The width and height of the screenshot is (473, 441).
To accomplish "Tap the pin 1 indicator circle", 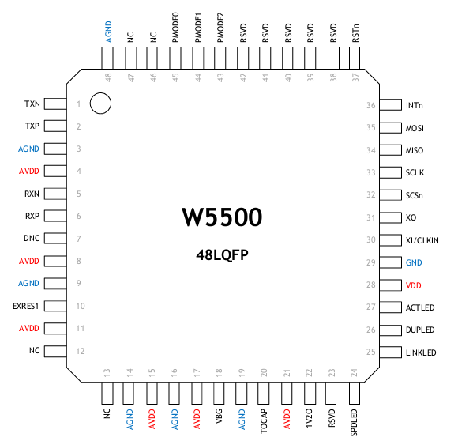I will coord(100,103).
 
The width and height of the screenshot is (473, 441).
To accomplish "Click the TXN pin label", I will coord(32,104).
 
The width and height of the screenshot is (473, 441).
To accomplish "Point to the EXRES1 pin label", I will coord(26,305).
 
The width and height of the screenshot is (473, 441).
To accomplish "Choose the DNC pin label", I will coord(32,238).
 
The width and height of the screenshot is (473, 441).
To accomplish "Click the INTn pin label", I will coord(415,105).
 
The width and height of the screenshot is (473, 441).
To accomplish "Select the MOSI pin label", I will coord(415,127).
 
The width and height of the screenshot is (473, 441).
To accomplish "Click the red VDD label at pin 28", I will coord(413,285).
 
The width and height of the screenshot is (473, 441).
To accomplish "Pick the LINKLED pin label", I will coord(420,352).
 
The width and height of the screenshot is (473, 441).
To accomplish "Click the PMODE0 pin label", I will coord(175,24).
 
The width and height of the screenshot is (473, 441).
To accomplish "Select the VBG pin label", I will coord(220,417).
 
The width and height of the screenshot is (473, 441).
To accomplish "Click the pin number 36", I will coord(370,105).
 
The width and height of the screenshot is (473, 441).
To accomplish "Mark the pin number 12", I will coord(79,351).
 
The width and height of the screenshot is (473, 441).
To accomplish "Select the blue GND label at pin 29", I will coord(414,262).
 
